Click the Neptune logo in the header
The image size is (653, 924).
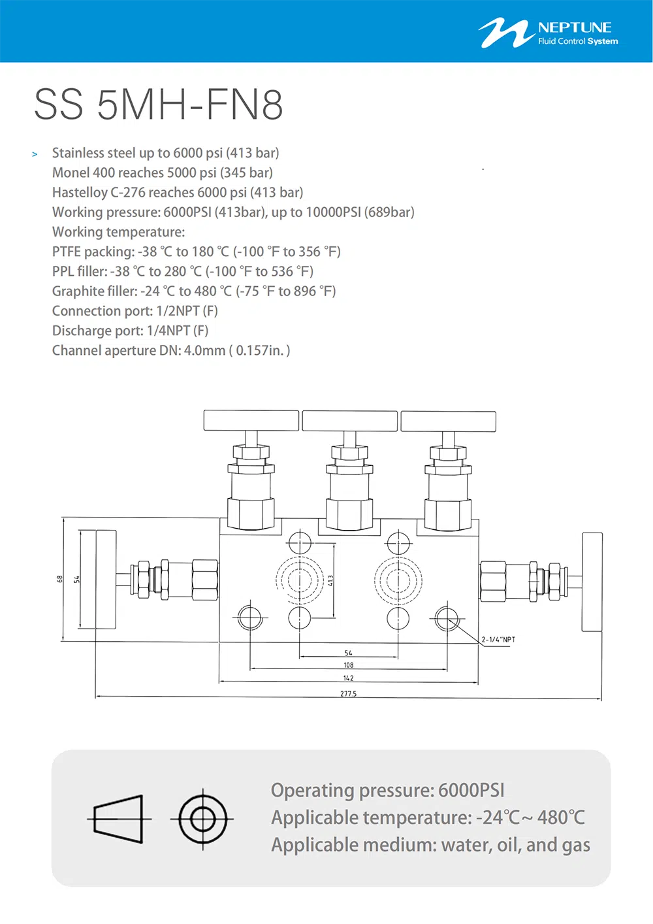pos(548,33)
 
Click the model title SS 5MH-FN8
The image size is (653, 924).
pos(158,105)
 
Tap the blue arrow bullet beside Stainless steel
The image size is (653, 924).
pos(35,154)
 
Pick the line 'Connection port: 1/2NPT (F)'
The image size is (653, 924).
pos(135,310)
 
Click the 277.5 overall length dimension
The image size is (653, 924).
pos(348,693)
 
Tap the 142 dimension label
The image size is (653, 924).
pos(348,678)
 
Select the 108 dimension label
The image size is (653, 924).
pos(348,665)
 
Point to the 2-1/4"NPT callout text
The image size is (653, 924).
pos(498,639)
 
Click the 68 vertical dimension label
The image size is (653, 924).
pos(60,579)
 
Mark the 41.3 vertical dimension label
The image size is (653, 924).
pos(330,581)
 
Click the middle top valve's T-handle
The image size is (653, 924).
pos(349,421)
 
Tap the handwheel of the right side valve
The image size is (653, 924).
pos(592,582)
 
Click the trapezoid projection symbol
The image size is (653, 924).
pos(119,819)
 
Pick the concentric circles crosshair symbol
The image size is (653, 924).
pos(202,819)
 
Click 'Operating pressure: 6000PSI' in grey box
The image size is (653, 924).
pos(387,790)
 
